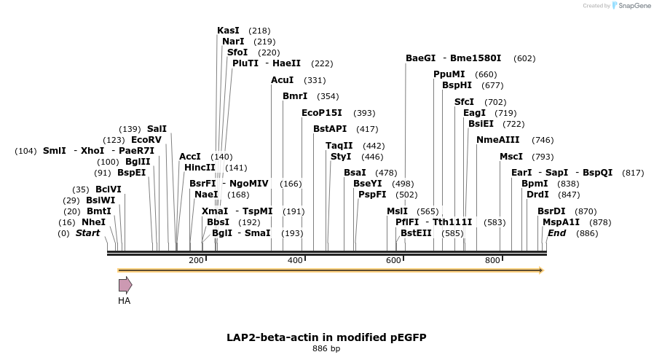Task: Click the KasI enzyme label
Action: (228, 31)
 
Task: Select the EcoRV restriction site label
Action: (146, 139)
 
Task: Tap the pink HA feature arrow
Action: (125, 285)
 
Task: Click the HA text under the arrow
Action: (125, 300)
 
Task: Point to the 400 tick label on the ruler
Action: (295, 261)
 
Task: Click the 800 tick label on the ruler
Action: (492, 261)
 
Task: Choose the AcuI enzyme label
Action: (283, 79)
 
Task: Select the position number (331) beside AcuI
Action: (315, 80)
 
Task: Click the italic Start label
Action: (87, 233)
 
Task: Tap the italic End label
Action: (556, 233)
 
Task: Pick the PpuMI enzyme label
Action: (449, 74)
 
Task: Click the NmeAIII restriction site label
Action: (498, 139)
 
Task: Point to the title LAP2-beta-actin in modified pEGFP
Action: (326, 337)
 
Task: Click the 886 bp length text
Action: (326, 348)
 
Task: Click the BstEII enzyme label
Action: (416, 233)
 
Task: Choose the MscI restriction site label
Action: (511, 157)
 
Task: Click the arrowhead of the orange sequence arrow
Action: (540, 270)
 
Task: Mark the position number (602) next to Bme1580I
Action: (524, 58)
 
